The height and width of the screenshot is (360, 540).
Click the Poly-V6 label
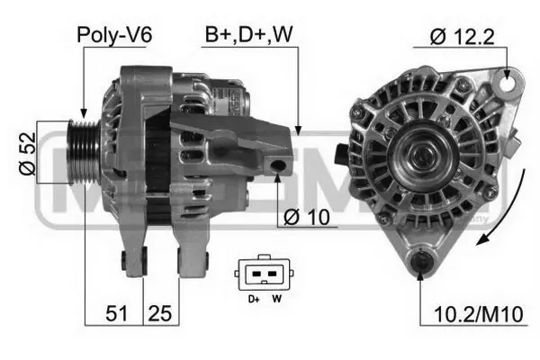114,35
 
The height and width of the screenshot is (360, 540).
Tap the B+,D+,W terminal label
248,34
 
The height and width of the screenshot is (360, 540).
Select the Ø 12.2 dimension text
462,37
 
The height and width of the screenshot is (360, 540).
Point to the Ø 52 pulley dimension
27,154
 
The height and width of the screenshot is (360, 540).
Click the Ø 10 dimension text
307,218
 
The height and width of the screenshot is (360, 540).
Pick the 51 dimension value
116,313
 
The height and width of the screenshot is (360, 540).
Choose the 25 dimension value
159,313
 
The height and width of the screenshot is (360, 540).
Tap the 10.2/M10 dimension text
479,314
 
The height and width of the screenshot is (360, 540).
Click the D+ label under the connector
254,299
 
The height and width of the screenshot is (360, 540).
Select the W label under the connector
276,299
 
